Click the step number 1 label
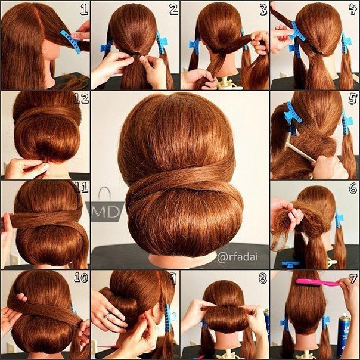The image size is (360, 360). pos(85,10)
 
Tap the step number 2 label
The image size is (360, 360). pos(174,10)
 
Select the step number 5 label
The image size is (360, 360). pos(353,99)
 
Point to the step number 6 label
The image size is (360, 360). pos(353,188)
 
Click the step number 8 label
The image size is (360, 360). pos(263,278)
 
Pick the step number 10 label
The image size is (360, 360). pos(81,278)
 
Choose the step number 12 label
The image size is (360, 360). pos(81,98)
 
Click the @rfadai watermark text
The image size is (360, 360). pos(237,257)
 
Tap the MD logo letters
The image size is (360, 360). pos(105,212)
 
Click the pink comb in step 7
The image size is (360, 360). pos(318,282)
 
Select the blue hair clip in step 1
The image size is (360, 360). pos(71,42)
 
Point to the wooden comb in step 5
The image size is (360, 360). pos(301,152)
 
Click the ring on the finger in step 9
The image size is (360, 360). pos(107,316)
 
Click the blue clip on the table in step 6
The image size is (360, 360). pos(290,264)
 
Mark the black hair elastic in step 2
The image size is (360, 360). pos(135,54)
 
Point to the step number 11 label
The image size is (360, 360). pos(81,187)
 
